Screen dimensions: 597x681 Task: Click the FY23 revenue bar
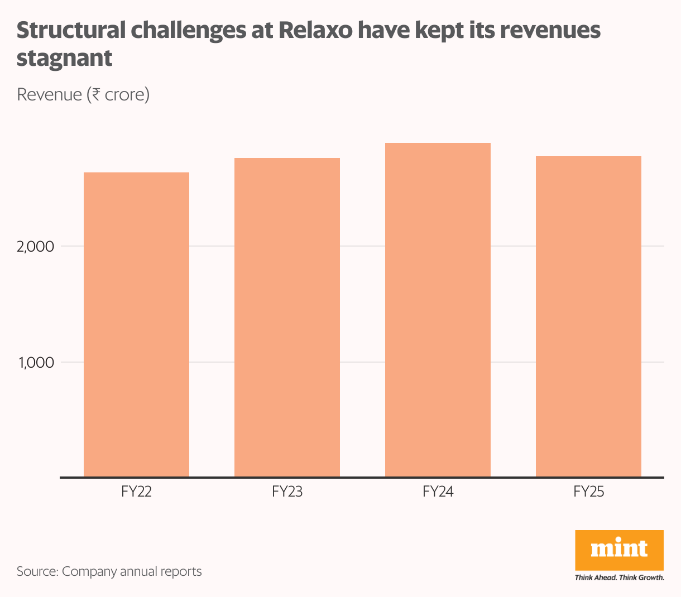point(287,317)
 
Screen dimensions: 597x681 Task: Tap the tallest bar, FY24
point(438,310)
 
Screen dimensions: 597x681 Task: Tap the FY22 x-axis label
point(136,492)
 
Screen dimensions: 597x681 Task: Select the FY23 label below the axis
point(287,492)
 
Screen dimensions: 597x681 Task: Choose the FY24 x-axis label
point(438,492)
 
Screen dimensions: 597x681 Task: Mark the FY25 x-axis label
point(588,492)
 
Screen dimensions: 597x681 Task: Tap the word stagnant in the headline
point(64,59)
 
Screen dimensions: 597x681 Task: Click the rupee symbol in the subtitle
point(96,94)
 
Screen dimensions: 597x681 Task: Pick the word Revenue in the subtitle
point(49,94)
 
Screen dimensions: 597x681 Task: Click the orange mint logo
point(619,550)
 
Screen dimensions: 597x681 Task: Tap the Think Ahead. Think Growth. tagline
point(619,577)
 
